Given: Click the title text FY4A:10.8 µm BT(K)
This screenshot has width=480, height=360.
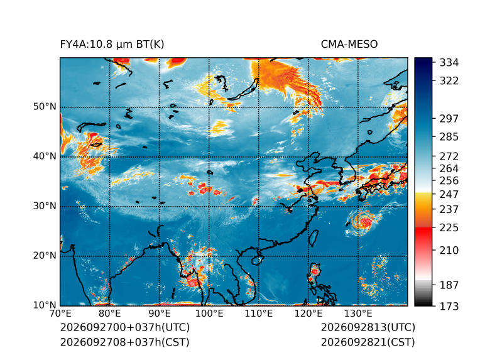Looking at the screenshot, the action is click(x=112, y=45).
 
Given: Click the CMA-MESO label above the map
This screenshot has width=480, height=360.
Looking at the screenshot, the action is click(x=349, y=45).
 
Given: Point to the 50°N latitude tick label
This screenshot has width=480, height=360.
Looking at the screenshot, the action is click(x=45, y=107).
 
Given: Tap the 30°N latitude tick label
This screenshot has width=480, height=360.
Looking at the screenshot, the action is click(x=45, y=206).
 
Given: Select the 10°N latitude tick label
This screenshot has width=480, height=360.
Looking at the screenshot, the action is click(x=45, y=305).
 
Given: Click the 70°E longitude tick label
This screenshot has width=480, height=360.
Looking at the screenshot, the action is click(x=60, y=314).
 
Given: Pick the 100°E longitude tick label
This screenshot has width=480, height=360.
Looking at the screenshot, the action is click(x=209, y=314).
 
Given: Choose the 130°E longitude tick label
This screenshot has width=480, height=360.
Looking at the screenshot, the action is click(x=358, y=314).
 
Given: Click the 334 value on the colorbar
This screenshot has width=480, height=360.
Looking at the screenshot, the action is click(x=449, y=63).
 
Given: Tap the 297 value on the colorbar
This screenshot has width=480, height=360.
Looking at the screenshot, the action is click(x=449, y=119).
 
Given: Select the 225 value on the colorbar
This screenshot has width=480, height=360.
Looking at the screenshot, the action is click(x=449, y=228).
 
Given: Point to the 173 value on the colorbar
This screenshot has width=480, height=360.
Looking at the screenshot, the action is click(x=449, y=306).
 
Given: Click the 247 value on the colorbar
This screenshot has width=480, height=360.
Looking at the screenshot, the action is click(x=449, y=194).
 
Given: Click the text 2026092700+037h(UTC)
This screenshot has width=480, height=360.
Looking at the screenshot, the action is click(x=125, y=327).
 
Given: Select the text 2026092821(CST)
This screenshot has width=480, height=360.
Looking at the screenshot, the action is click(x=368, y=342).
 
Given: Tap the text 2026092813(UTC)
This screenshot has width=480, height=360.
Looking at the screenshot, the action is click(x=368, y=327).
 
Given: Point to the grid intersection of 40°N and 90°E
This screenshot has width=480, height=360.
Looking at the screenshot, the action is click(x=160, y=156).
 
